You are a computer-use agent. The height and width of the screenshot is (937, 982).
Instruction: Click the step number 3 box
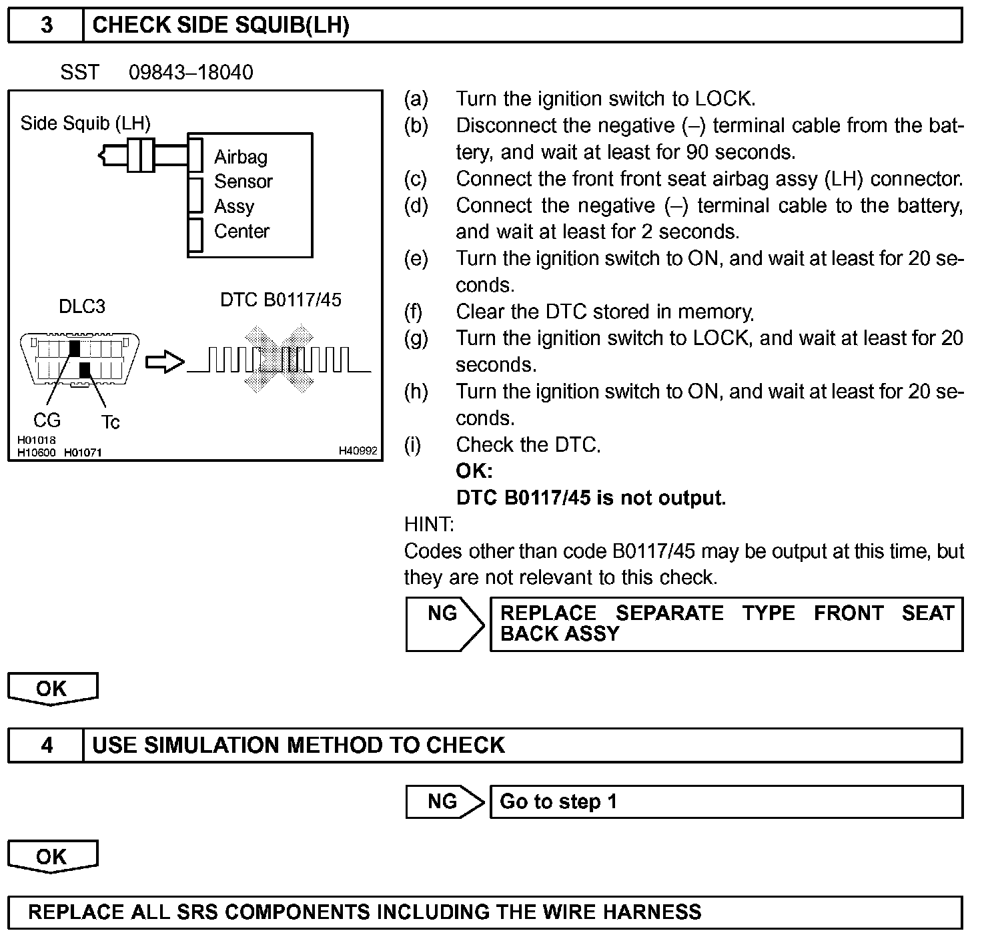pyautogui.click(x=46, y=25)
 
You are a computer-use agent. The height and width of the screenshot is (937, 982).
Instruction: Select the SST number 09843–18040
pyautogui.click(x=191, y=72)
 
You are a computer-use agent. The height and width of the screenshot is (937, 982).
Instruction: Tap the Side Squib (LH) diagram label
pyautogui.click(x=85, y=123)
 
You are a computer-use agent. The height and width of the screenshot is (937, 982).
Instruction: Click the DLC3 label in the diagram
pyautogui.click(x=82, y=306)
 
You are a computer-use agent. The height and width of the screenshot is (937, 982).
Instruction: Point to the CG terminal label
pyautogui.click(x=47, y=420)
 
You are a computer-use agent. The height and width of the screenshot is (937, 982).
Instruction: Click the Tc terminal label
pyautogui.click(x=111, y=422)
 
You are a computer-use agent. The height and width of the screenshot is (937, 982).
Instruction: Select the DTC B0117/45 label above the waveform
pyautogui.click(x=280, y=300)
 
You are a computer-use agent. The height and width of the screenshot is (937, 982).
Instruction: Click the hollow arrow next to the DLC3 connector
pyautogui.click(x=164, y=362)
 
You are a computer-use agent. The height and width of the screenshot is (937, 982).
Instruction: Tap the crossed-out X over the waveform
pyautogui.click(x=279, y=358)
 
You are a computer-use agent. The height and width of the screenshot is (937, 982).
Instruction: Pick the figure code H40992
pyautogui.click(x=358, y=451)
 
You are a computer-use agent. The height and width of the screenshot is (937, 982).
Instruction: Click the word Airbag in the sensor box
pyautogui.click(x=241, y=157)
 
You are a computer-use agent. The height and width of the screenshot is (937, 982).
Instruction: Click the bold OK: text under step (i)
pyautogui.click(x=474, y=471)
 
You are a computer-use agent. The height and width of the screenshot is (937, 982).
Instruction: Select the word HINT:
pyautogui.click(x=429, y=525)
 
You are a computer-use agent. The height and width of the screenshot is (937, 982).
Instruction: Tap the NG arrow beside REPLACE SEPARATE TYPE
pyautogui.click(x=444, y=623)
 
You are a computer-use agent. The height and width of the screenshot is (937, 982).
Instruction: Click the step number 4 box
pyautogui.click(x=46, y=745)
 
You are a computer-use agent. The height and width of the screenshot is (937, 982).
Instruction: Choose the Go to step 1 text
pyautogui.click(x=558, y=802)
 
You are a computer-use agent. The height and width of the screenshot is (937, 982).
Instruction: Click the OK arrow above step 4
pyautogui.click(x=52, y=688)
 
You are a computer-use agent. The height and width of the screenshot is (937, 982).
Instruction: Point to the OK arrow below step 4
pyautogui.click(x=52, y=856)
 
